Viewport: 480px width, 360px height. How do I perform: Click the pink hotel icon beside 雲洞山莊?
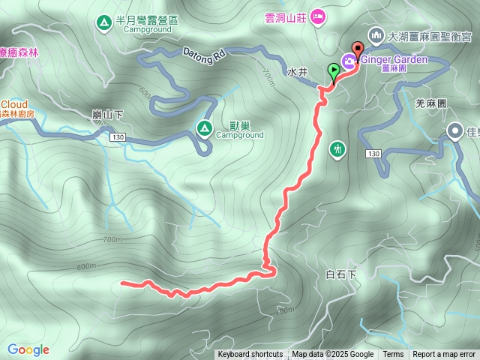pos(317,16)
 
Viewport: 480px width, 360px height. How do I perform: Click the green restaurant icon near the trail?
pos(337,149)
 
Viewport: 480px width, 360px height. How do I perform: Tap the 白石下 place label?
pos(342,275)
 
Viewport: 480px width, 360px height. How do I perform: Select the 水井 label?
pos(298,73)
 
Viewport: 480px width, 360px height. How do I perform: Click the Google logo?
pos(28,349)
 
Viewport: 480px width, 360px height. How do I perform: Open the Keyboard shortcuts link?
pos(250,355)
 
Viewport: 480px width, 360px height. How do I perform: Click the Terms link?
pos(393,355)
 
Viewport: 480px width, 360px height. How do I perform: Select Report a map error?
pos(444,355)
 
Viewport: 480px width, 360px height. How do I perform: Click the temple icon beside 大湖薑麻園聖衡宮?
pos(374,34)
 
